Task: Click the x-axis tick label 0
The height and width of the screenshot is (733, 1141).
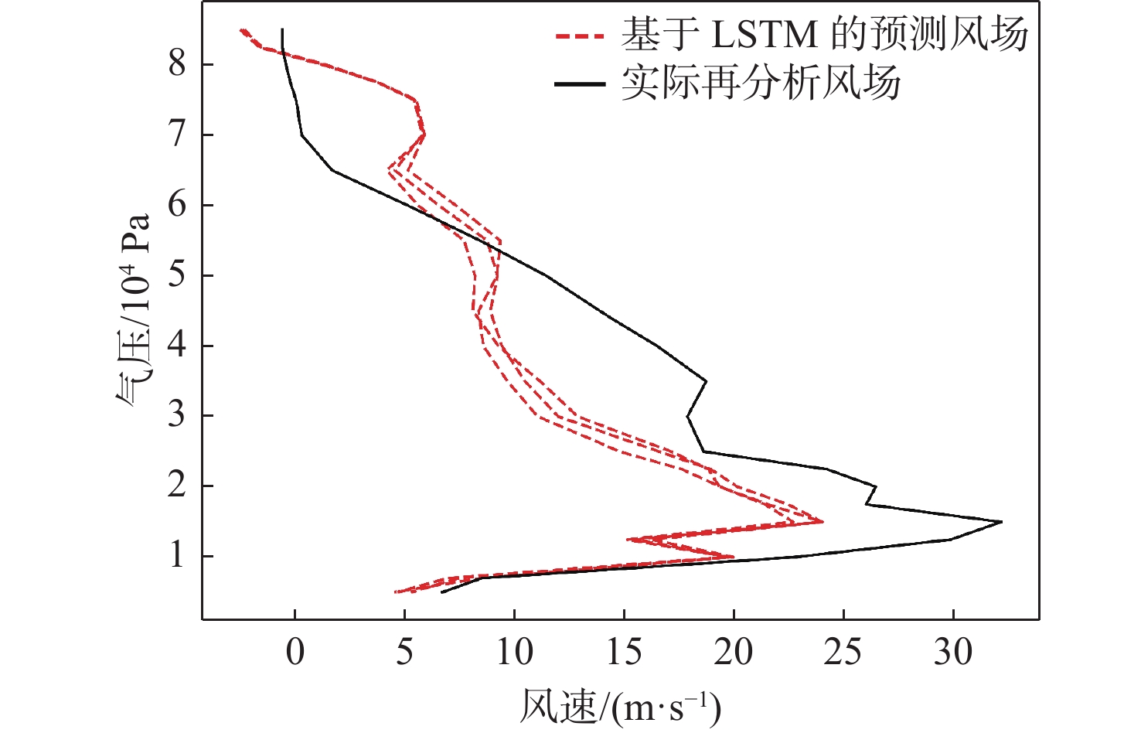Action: tap(295, 652)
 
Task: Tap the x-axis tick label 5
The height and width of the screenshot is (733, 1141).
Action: tap(404, 652)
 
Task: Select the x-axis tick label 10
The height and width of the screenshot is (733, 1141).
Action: tap(514, 652)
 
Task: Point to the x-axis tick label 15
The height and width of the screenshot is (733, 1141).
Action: tap(624, 652)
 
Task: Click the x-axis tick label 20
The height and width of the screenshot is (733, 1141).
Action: tap(734, 652)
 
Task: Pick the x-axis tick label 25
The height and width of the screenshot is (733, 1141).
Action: tap(843, 652)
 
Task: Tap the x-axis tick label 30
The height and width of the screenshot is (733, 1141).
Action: tap(953, 652)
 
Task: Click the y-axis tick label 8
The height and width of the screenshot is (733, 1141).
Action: tap(177, 63)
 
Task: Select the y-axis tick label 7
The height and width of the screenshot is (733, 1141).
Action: tap(177, 135)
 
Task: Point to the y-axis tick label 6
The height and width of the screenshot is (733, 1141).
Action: tap(177, 205)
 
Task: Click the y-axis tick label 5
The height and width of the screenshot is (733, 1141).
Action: tap(177, 275)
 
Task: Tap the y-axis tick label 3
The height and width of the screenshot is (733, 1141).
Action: tap(177, 415)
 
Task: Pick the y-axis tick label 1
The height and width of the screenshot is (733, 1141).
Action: tap(177, 556)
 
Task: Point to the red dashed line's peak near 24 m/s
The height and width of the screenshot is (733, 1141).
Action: tap(822, 522)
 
